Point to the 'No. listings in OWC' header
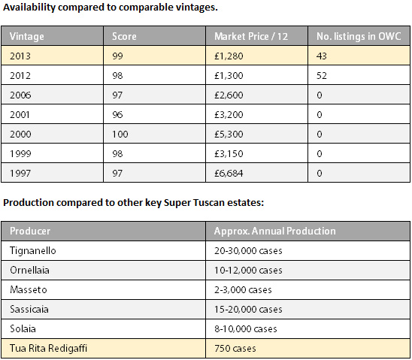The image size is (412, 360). coord(359,36)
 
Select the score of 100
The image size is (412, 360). coord(120,135)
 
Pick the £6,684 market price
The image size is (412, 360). coord(229,174)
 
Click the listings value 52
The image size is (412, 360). coord(322,76)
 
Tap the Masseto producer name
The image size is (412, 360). coord(29,289)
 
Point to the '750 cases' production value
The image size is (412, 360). coord(235,349)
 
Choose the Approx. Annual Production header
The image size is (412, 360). coord(275,231)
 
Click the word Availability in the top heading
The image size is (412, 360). coord(29,8)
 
